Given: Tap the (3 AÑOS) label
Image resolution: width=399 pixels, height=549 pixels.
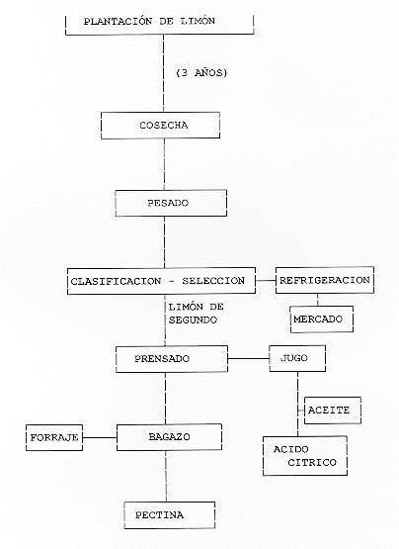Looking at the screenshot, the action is pos(201,73).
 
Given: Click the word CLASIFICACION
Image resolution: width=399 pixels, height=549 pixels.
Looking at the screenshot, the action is pos(117,281).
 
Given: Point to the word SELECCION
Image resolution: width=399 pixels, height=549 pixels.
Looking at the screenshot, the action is pos(213,281).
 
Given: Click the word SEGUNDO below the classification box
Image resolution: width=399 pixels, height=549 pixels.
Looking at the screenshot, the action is pos(193,320).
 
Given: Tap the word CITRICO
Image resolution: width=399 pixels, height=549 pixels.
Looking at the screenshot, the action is pos(312,463).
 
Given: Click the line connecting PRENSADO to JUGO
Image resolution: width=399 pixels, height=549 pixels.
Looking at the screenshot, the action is pos(248,358).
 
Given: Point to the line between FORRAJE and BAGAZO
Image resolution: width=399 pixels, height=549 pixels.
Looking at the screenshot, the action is pos(100,437).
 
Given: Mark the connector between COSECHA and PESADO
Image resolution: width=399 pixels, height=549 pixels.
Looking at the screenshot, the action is pos(164,164).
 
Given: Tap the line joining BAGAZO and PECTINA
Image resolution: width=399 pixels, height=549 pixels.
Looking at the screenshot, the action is pos(166,476).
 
